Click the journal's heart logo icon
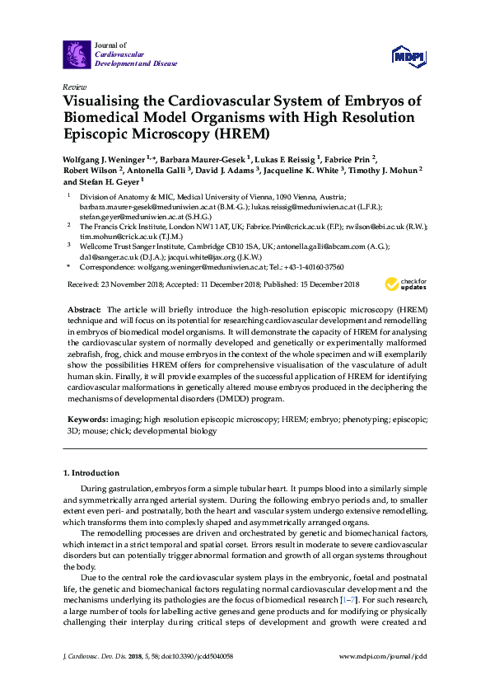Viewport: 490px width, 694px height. pos(77,54)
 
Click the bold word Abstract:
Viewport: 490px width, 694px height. pos(84,307)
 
